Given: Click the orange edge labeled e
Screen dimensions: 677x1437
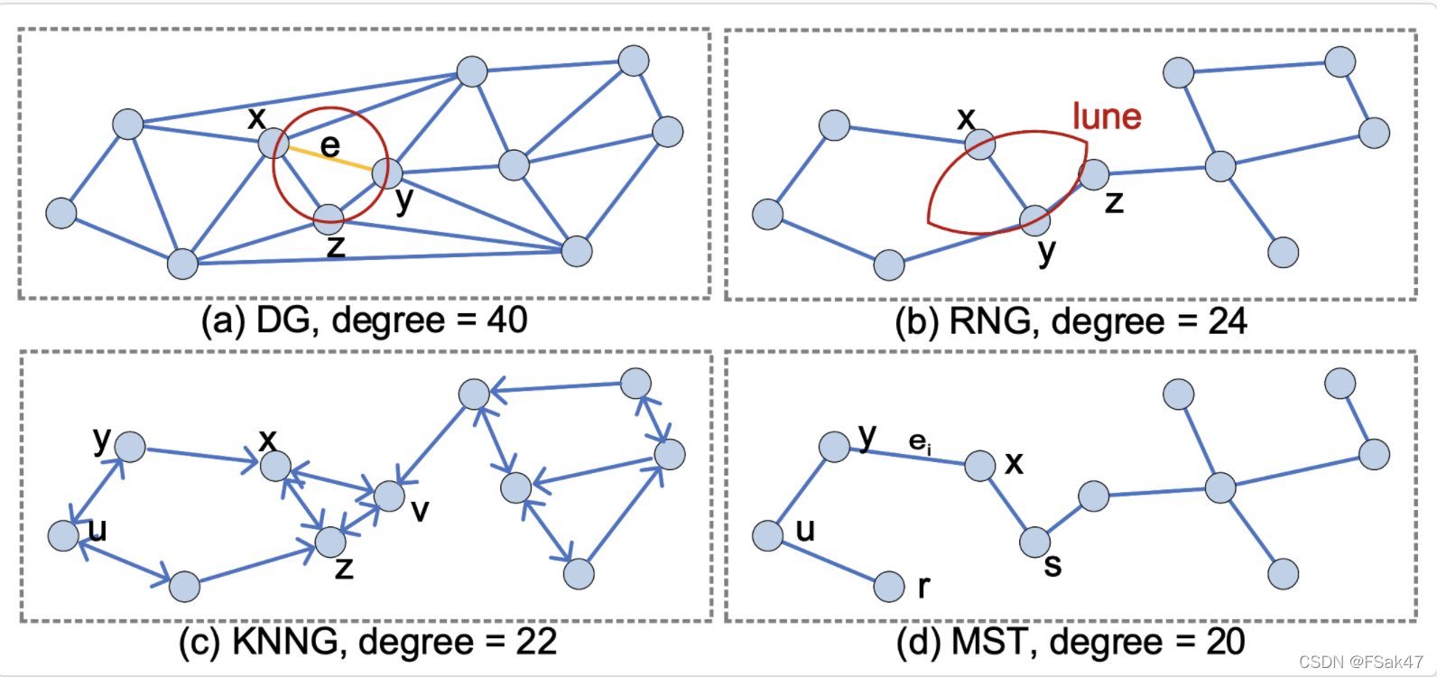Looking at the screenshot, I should pyautogui.click(x=329, y=157).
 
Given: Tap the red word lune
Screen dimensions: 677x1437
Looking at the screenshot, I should pyautogui.click(x=1107, y=116).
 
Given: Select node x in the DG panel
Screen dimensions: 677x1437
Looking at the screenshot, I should pyautogui.click(x=273, y=143).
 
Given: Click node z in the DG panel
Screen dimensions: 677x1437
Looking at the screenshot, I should pyautogui.click(x=329, y=215).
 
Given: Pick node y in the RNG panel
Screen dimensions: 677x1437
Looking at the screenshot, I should pyautogui.click(x=1034, y=219).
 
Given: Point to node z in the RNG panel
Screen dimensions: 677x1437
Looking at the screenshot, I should pyautogui.click(x=1093, y=174).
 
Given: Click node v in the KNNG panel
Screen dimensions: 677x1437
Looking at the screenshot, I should pyautogui.click(x=389, y=495).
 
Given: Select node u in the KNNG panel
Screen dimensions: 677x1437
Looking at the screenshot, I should pyautogui.click(x=63, y=535).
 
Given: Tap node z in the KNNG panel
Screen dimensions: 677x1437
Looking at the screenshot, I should pyautogui.click(x=330, y=542).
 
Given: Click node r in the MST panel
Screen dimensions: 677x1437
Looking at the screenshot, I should pyautogui.click(x=889, y=587).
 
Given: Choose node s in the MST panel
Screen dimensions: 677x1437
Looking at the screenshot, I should pyautogui.click(x=1034, y=542).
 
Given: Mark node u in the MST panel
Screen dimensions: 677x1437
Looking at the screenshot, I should pyautogui.click(x=767, y=535).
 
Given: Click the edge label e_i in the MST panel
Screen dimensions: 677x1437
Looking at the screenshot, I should pyautogui.click(x=920, y=441).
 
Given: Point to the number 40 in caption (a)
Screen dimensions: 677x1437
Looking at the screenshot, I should pyautogui.click(x=506, y=320).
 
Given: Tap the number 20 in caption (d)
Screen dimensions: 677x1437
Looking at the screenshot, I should pyautogui.click(x=1225, y=642).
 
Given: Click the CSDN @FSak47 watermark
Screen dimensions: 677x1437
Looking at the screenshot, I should pyautogui.click(x=1360, y=662).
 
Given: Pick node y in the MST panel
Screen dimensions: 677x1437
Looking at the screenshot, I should pyautogui.click(x=834, y=446).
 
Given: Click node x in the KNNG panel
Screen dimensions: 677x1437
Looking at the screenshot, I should pyautogui.click(x=275, y=466).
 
